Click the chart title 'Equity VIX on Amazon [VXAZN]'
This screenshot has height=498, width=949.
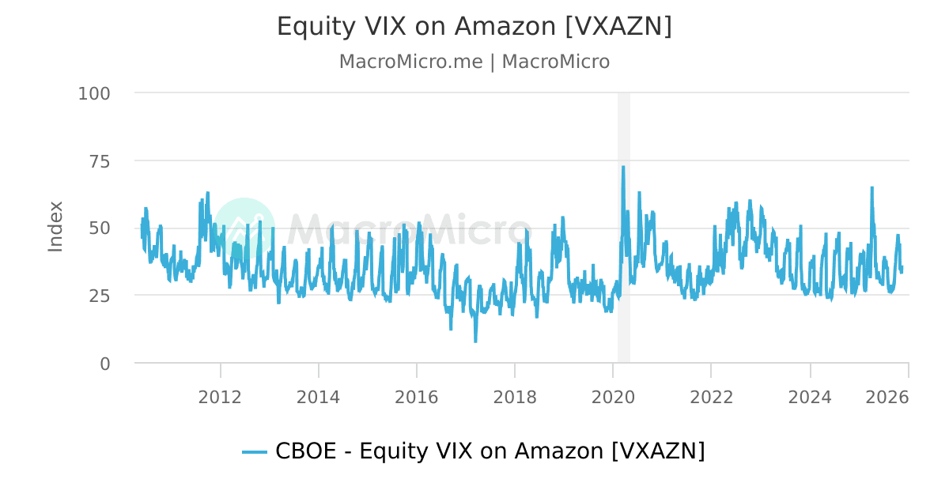474,26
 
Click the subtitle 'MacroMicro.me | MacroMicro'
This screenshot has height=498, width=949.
474,62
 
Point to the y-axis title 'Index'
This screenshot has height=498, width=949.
55,227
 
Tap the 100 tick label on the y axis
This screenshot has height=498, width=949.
94,93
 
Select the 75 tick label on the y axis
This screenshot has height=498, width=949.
100,160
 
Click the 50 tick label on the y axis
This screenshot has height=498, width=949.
100,228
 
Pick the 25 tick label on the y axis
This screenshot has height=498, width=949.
100,296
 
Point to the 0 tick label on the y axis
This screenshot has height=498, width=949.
104,363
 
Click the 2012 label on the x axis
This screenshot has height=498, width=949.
220,397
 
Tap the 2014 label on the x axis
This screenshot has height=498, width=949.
318,397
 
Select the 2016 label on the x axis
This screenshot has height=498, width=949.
416,397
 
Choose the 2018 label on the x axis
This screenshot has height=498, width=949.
514,397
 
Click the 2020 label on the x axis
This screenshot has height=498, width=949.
613,397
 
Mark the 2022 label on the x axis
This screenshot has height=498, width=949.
711,397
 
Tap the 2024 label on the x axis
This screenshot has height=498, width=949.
810,397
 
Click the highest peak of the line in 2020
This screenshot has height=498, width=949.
623,167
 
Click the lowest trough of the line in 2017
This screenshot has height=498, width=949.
475,341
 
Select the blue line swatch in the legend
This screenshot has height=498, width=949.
255,452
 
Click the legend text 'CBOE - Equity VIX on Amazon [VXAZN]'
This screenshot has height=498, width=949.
490,451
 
